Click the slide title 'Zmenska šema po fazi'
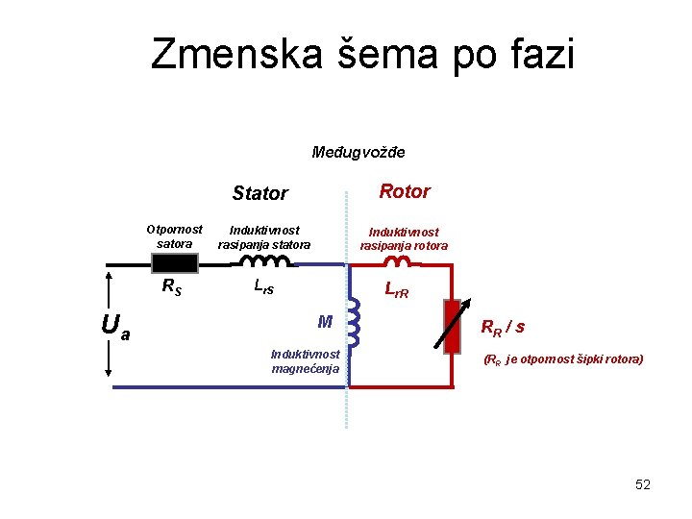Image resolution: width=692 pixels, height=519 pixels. coord(362,55)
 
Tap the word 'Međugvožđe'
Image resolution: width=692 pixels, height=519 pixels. coord(358,152)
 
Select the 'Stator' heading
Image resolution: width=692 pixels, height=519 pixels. coord(259,193)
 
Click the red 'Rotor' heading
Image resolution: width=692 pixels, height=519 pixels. coord(405,191)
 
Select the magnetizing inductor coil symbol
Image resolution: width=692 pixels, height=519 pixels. coord(353,322)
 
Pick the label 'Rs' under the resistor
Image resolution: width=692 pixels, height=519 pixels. coord(172,285)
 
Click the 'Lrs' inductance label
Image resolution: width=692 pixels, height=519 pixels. coord(263,285)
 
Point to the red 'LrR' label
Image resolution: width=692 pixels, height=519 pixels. coord(396,289)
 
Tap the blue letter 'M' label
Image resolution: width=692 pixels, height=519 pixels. coord(325,321)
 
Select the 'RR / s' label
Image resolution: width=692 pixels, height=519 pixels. coord(503,327)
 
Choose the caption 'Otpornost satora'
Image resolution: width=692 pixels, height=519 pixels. coord(174,236)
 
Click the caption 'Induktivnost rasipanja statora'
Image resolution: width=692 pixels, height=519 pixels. coord(264,237)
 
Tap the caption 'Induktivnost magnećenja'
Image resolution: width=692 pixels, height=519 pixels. coord(305,361)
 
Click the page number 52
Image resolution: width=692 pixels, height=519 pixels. coord(643,484)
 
